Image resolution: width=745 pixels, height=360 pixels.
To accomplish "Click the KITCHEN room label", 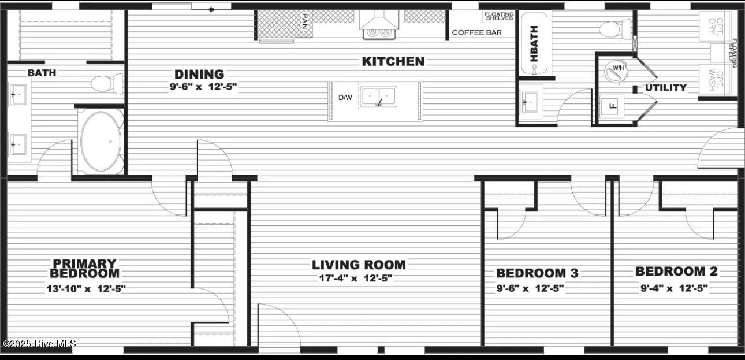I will [393, 61].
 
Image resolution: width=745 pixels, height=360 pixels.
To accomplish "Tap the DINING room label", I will [199, 74].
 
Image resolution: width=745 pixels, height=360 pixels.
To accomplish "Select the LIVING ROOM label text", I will [359, 265].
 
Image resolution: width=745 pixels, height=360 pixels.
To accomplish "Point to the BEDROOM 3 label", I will [537, 273].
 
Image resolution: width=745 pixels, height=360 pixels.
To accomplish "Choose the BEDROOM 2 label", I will [677, 271].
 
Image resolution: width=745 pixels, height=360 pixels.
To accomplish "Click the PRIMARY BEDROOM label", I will [85, 269].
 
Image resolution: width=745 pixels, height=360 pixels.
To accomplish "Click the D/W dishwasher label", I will [345, 98].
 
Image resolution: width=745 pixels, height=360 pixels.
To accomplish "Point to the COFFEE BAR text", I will [476, 32].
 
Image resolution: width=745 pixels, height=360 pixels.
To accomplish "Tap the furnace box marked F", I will [612, 106].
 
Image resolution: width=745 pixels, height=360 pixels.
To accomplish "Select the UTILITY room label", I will [666, 88].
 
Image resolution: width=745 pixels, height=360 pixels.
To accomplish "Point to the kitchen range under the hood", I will [378, 32].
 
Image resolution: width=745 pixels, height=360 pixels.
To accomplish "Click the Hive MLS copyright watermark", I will [39, 344].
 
